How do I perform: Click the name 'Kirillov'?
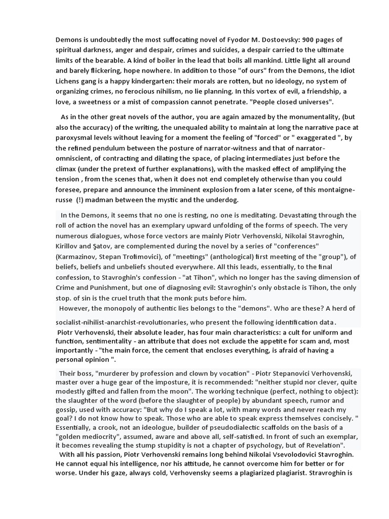point(68,246)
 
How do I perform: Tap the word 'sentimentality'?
point(104,341)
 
